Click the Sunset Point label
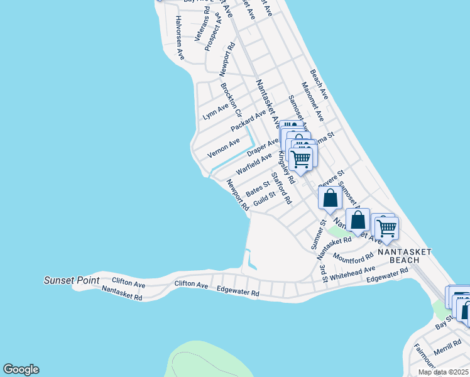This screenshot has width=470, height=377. (x=72, y=280)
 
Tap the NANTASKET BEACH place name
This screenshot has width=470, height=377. (x=405, y=255)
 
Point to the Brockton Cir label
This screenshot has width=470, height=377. (x=231, y=99)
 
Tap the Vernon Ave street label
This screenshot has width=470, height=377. (x=224, y=148)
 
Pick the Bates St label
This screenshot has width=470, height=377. (x=258, y=188)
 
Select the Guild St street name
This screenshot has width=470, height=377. (x=264, y=199)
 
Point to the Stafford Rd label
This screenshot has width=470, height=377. (x=281, y=188)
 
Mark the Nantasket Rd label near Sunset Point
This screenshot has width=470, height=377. (x=122, y=293)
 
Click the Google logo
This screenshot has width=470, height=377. (x=21, y=369)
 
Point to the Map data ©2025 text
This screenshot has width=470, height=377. (x=443, y=372)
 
